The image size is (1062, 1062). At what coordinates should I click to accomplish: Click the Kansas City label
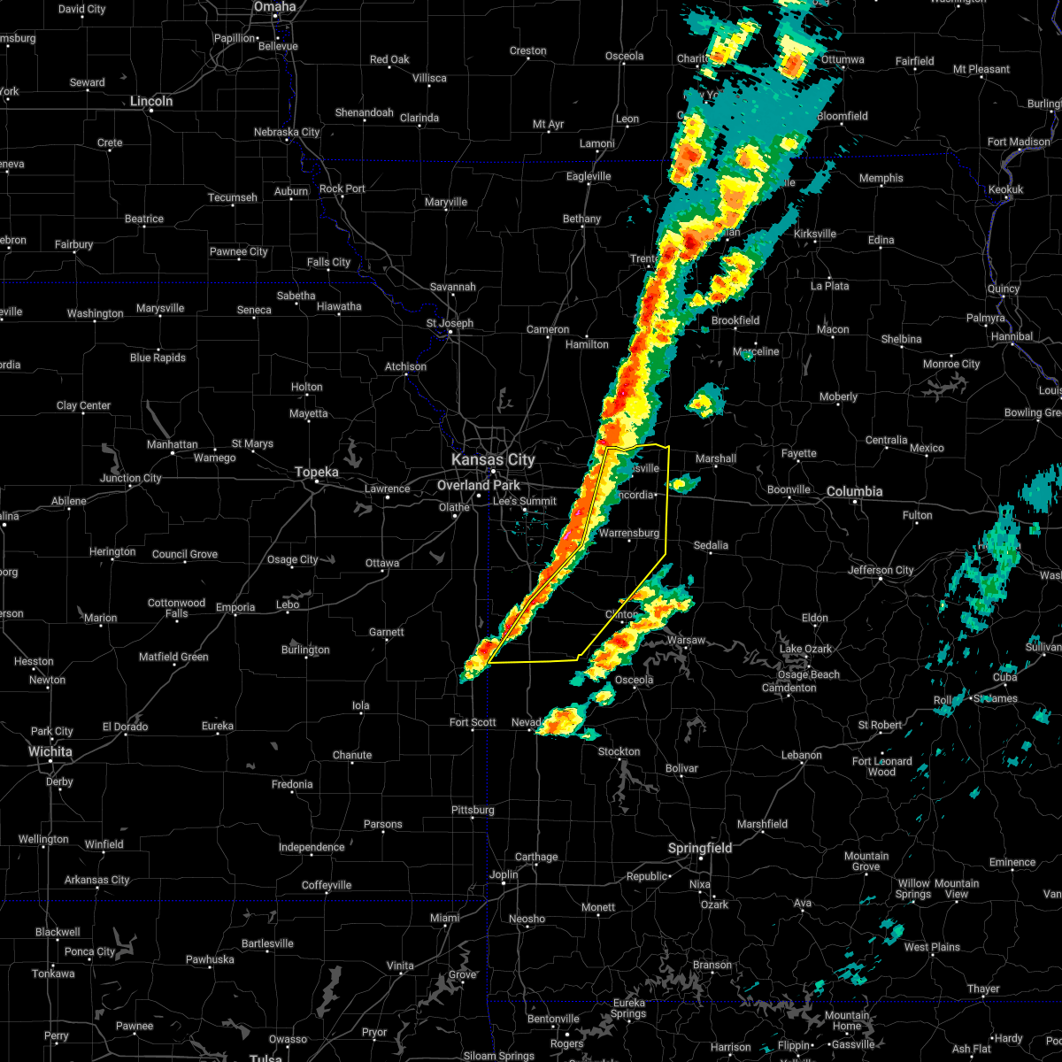click(x=493, y=459)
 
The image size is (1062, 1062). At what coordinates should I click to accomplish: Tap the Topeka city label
click(x=317, y=473)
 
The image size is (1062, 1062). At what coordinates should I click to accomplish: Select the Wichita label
click(x=50, y=751)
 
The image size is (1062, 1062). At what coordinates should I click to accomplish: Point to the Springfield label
click(x=700, y=848)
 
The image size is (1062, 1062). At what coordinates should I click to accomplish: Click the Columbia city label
click(x=855, y=491)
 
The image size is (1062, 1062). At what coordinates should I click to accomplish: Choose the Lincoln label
click(x=151, y=101)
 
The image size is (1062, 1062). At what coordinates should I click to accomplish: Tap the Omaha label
click(x=274, y=6)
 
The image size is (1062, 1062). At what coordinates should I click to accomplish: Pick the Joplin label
click(x=504, y=874)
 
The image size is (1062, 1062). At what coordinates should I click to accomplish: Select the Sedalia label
click(x=711, y=545)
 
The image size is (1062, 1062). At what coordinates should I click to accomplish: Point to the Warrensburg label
click(x=629, y=533)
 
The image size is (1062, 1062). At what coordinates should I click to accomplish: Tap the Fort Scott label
click(x=473, y=722)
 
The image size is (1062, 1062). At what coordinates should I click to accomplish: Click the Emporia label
click(x=235, y=607)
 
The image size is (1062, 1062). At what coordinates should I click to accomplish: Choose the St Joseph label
click(x=450, y=323)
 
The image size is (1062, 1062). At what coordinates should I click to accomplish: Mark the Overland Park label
click(x=479, y=485)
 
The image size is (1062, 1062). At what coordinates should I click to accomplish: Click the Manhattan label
click(x=173, y=444)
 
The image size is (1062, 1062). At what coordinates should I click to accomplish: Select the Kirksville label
click(x=815, y=234)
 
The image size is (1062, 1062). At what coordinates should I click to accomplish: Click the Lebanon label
click(x=802, y=755)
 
